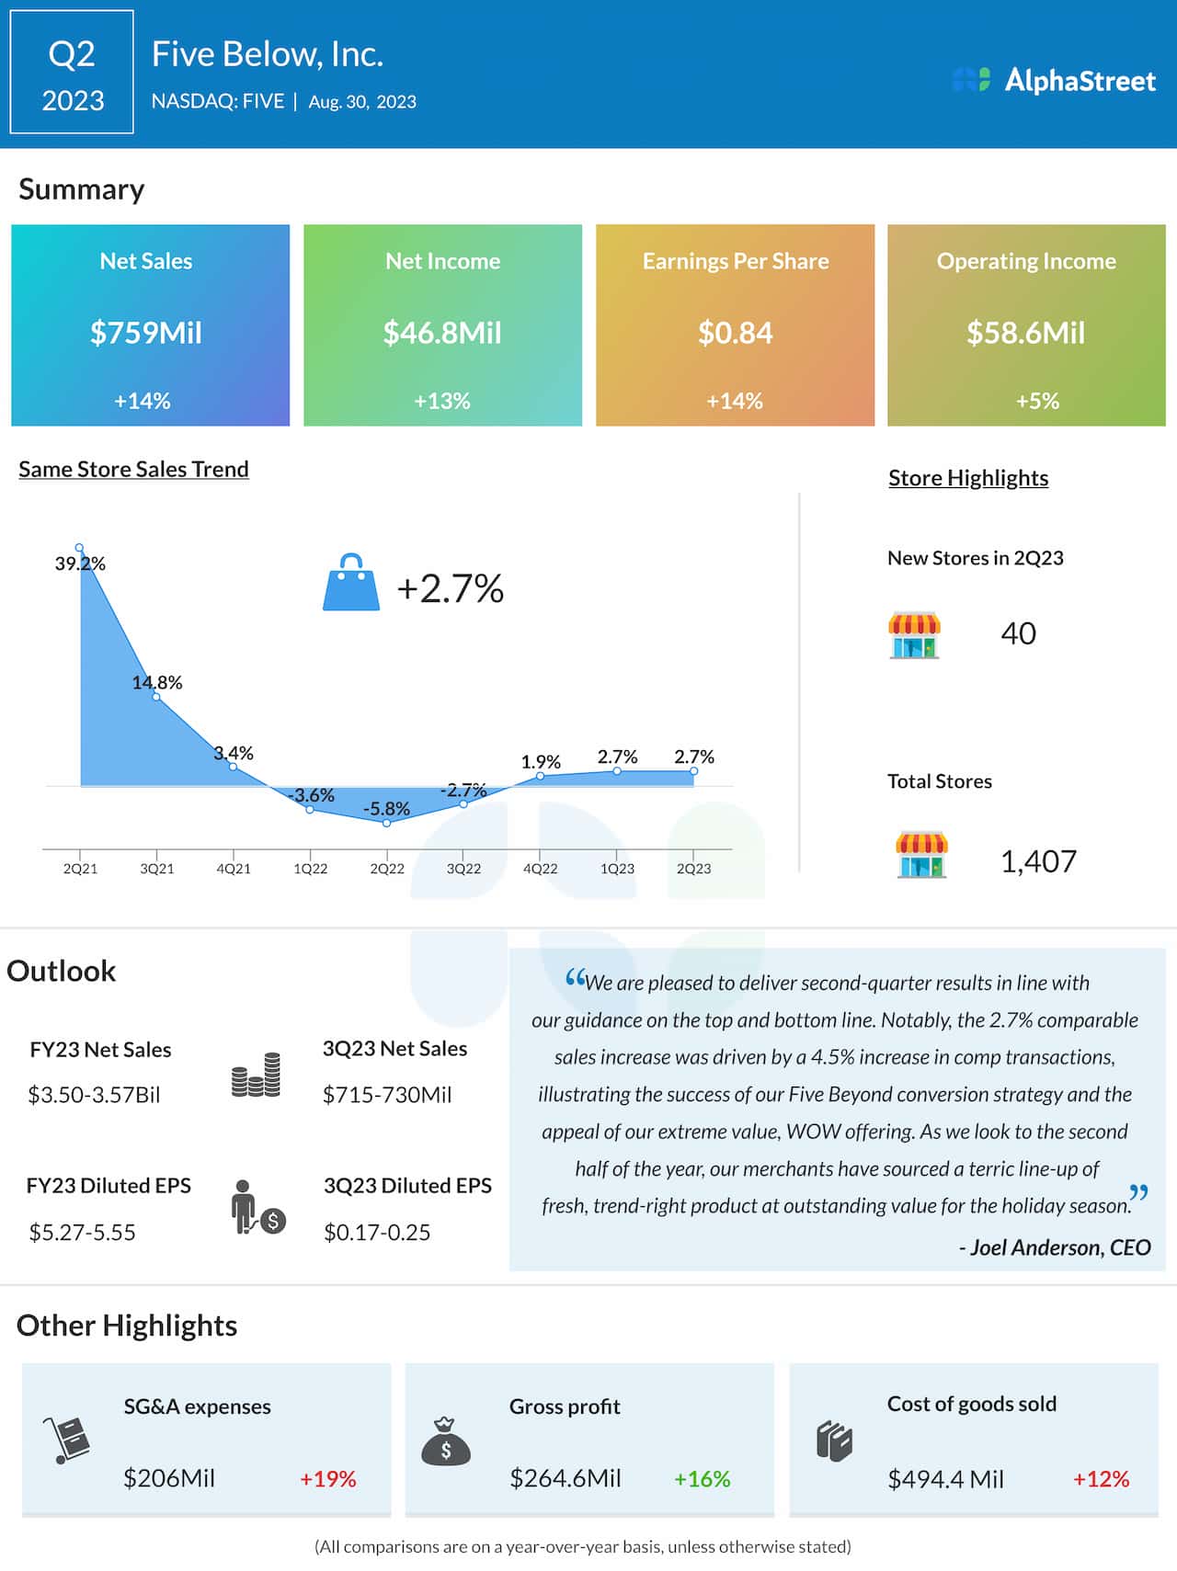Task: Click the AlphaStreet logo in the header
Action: tap(1054, 81)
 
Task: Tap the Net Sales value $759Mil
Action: tap(146, 333)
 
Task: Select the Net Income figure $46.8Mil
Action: tap(442, 333)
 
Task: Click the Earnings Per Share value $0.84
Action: tap(735, 333)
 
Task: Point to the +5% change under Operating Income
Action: tap(1037, 401)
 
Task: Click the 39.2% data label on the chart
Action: tap(80, 564)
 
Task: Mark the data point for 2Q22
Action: tap(387, 823)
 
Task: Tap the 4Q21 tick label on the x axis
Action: tap(234, 869)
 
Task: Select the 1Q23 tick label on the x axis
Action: tap(617, 869)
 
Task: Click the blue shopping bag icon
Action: tap(351, 583)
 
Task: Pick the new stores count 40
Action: tap(1018, 633)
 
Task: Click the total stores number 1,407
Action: tap(1038, 861)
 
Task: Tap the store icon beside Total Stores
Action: tap(921, 855)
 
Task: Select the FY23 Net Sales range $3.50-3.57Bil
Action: tap(95, 1095)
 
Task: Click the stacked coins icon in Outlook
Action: tap(256, 1076)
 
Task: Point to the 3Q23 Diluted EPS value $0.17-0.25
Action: tap(377, 1233)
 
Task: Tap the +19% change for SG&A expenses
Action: tap(327, 1479)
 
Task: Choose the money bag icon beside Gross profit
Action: tap(446, 1442)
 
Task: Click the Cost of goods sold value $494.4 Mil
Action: tap(945, 1479)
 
